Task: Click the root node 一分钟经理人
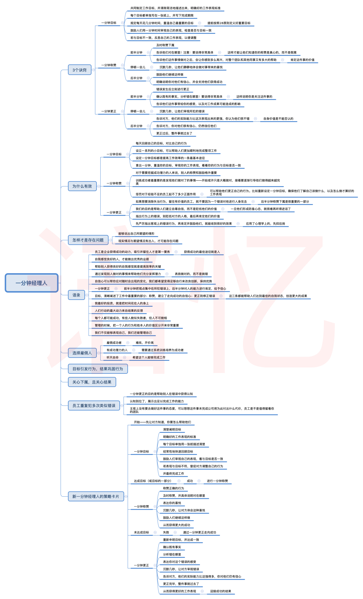(31, 283)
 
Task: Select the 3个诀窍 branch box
(79, 70)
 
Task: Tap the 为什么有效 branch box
(82, 186)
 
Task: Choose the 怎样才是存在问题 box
(88, 240)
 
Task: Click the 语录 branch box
(76, 295)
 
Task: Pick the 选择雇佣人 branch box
(82, 353)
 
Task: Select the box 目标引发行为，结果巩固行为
(98, 369)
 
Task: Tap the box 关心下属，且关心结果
(92, 382)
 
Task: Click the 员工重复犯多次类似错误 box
(94, 406)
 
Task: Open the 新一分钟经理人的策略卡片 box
(96, 496)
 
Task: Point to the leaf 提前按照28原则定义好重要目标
(229, 23)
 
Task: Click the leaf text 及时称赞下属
(165, 45)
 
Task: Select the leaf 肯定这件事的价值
(302, 60)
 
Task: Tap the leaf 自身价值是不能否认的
(278, 119)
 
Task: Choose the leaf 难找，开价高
(144, 343)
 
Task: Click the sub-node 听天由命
(112, 358)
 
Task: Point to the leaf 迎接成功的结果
(221, 591)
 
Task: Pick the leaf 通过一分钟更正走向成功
(199, 533)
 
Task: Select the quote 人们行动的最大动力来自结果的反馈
(119, 311)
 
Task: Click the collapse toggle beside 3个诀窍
(94, 70)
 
